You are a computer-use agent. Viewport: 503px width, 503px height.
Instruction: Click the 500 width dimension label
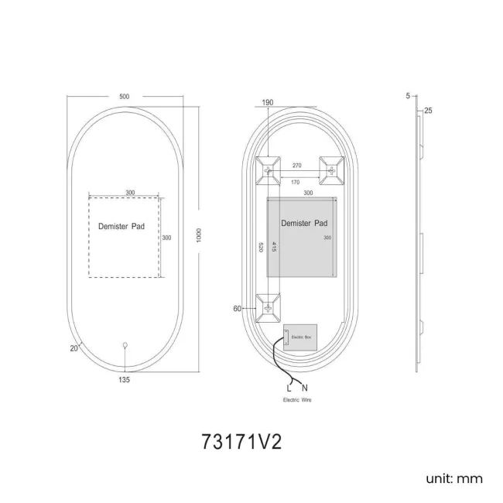(x=125, y=96)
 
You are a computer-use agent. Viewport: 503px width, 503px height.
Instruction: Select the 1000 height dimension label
(x=200, y=234)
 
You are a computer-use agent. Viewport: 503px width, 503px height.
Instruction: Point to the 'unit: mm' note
(x=454, y=478)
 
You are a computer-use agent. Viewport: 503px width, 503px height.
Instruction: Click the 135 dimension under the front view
(x=125, y=380)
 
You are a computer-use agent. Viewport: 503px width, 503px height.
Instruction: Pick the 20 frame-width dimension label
(x=74, y=348)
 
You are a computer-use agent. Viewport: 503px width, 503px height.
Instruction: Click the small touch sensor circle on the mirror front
(x=125, y=345)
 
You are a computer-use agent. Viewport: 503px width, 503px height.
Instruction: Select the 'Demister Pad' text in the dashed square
(x=121, y=227)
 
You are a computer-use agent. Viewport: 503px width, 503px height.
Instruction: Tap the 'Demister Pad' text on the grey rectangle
(x=302, y=222)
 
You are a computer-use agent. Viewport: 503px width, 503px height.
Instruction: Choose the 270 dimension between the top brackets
(x=296, y=166)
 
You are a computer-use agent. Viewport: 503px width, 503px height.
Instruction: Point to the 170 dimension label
(x=296, y=183)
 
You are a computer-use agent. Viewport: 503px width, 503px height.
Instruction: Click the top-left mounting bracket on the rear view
(x=269, y=169)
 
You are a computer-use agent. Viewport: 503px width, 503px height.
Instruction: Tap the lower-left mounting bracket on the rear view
(x=269, y=308)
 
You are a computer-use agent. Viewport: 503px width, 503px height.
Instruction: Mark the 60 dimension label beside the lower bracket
(x=238, y=308)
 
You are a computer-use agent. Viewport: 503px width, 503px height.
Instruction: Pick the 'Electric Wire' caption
(x=297, y=400)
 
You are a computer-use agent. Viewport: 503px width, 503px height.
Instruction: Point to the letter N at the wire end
(x=304, y=387)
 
